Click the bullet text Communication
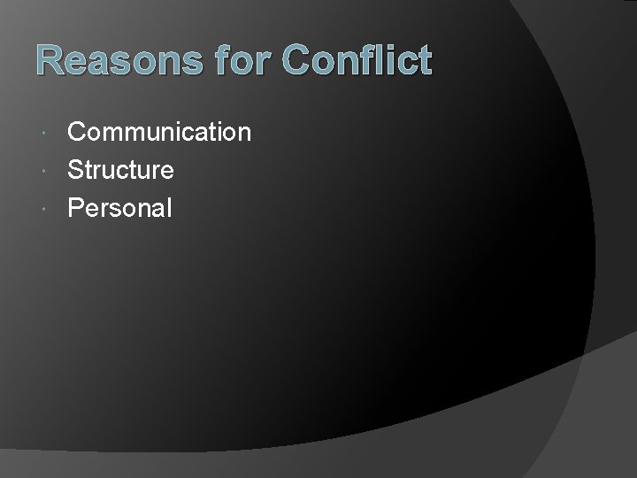point(159,133)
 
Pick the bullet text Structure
point(120,170)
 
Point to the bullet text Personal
point(119,208)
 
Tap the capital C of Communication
point(78,133)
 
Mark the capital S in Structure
point(76,170)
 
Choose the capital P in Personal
point(76,208)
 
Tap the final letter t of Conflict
point(425,62)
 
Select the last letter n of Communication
point(243,135)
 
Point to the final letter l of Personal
point(168,208)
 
